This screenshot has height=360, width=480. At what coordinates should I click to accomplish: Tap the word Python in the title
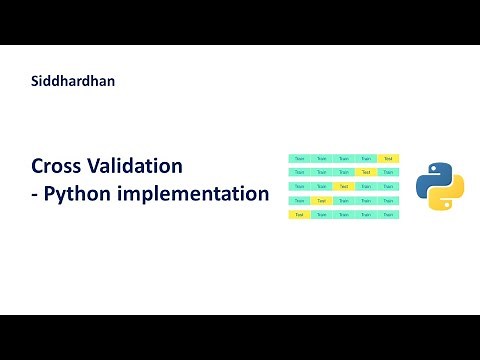click(84, 193)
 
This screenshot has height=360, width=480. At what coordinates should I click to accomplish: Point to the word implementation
click(199, 193)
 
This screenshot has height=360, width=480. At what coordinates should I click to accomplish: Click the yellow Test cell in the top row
click(388, 158)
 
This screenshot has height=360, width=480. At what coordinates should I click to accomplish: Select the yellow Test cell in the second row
click(366, 172)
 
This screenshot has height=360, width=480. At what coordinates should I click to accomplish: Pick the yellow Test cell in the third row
click(343, 186)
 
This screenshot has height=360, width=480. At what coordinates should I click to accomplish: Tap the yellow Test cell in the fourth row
click(321, 200)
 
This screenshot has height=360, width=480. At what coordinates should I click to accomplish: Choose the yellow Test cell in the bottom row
click(299, 214)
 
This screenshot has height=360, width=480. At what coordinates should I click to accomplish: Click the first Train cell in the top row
click(299, 158)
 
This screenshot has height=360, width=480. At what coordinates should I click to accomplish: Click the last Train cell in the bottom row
click(388, 214)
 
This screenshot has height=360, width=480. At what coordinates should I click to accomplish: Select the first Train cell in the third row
click(299, 186)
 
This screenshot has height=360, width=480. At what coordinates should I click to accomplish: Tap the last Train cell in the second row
click(388, 172)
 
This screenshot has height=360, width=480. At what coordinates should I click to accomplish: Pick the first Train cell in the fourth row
click(299, 200)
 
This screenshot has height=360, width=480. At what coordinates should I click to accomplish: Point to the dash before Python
click(36, 194)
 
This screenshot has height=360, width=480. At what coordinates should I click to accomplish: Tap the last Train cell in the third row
click(388, 186)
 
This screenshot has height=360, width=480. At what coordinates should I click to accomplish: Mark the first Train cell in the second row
click(299, 172)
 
